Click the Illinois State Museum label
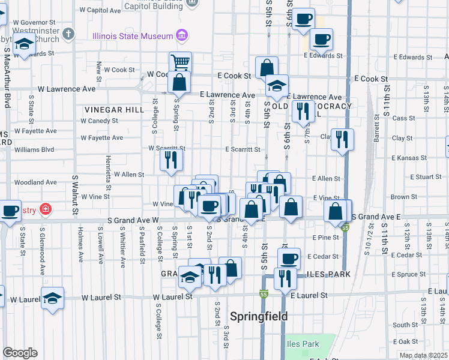click(133, 36)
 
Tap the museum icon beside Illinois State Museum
click(181, 36)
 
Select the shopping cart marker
click(180, 62)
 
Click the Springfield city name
click(259, 316)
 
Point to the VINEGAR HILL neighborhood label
click(113, 110)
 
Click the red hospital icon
click(46, 209)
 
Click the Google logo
click(20, 353)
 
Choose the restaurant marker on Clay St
click(342, 139)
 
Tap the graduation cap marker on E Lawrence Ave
click(277, 85)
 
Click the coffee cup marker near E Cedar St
click(289, 259)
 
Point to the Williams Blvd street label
click(34, 149)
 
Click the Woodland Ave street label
click(35, 182)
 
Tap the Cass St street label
click(400, 118)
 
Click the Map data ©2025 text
click(423, 355)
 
